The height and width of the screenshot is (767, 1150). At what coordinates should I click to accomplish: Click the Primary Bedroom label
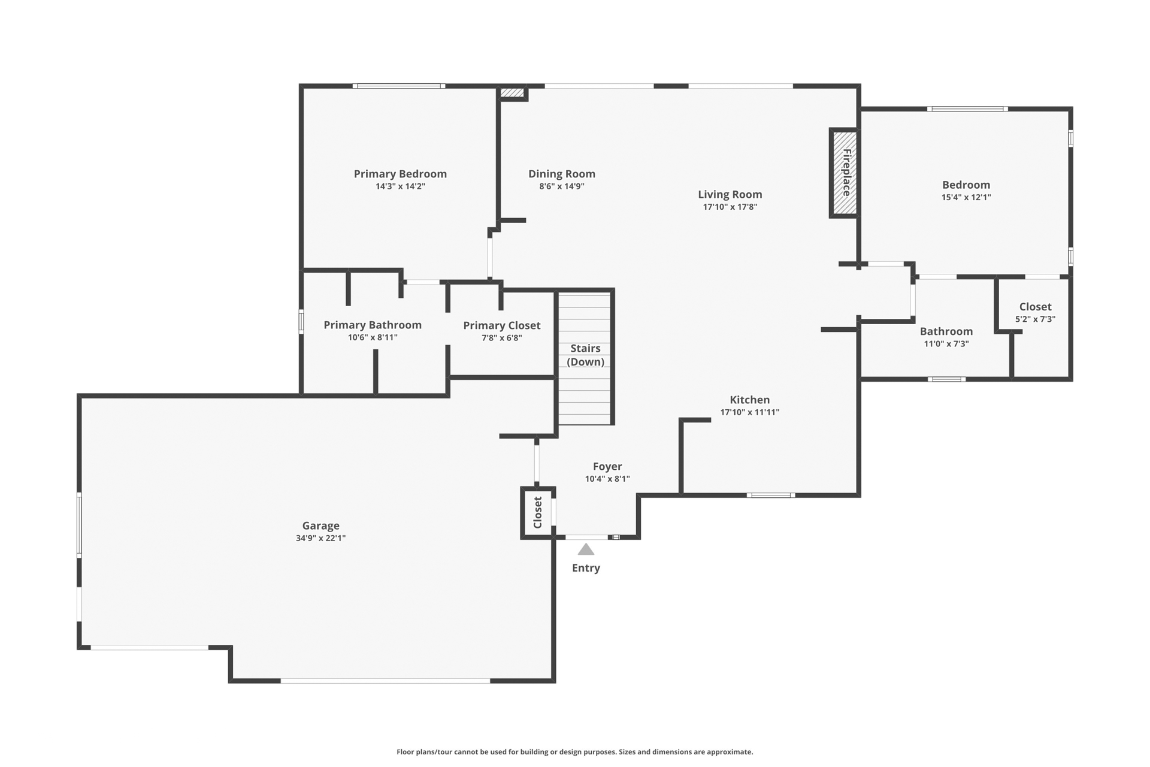400,174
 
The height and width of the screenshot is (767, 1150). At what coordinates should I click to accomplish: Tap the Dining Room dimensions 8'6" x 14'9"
562,186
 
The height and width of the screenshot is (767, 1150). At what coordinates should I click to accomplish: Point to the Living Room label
730,194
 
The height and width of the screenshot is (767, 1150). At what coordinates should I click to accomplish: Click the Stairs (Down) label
585,355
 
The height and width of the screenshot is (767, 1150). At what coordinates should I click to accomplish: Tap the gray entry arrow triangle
586,549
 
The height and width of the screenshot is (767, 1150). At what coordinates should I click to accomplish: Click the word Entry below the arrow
586,568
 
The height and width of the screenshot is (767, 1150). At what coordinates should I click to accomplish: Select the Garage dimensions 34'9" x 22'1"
320,538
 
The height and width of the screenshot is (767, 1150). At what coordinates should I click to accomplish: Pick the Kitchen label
750,400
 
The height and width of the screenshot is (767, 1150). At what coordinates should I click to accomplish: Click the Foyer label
607,466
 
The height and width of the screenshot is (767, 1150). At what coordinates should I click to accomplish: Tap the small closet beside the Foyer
538,512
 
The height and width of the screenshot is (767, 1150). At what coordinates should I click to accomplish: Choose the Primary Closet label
502,325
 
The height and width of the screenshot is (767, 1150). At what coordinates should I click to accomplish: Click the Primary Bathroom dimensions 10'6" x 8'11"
373,337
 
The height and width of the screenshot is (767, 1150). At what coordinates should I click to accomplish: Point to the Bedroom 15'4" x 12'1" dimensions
966,197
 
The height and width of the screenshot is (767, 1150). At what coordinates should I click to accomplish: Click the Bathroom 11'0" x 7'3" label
946,331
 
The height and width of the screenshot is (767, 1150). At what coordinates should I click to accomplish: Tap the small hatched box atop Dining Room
512,92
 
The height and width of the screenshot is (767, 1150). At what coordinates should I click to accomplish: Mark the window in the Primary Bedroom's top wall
399,86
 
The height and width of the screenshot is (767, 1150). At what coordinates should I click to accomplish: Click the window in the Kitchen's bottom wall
771,496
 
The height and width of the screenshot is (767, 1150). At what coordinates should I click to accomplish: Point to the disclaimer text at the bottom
575,752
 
